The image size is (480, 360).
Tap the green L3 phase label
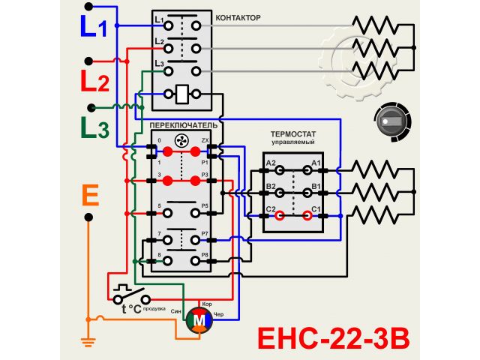[94, 128]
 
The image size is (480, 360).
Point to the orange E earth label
[89, 196]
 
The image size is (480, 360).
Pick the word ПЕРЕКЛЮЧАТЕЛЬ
[183, 124]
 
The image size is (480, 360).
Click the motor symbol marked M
[199, 319]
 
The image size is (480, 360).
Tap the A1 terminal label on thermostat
[316, 163]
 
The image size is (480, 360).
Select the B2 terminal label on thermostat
[270, 185]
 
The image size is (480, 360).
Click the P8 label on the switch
[204, 256]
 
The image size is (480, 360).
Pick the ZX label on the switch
[205, 141]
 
